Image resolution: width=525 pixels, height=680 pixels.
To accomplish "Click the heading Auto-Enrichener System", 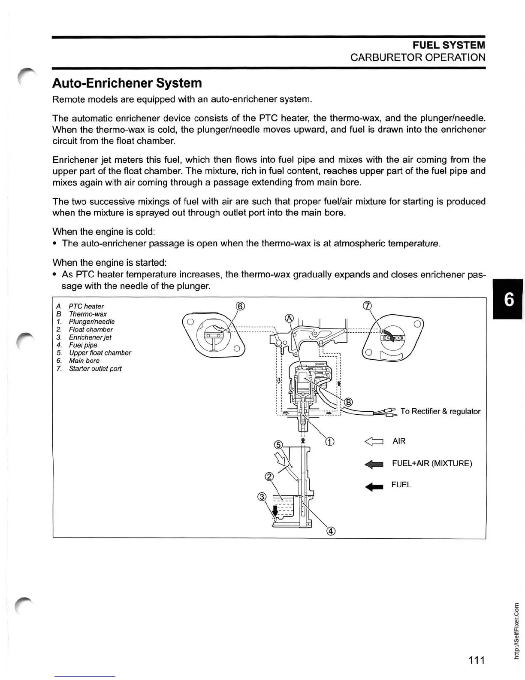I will coord(127,83).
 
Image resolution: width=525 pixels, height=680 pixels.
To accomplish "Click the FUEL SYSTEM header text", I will coord(449,45).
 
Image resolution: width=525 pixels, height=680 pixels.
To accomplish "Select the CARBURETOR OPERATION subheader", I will coord(417,58).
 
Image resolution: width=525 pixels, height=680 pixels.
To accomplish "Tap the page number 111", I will coord(476,660).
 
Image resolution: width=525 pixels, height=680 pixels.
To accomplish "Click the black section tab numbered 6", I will coord(508,299).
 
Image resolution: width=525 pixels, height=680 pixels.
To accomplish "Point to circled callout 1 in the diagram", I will coord(329,442).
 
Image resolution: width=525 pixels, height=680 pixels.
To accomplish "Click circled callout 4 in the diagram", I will coord(331,531).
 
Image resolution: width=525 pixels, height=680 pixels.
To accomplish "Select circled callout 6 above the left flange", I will coord(241,306).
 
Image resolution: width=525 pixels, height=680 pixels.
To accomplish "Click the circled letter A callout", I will coord(289,318).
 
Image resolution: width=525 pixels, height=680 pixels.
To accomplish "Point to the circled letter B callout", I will coord(348,402).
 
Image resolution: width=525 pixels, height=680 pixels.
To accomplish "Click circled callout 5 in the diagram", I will coord(278,444).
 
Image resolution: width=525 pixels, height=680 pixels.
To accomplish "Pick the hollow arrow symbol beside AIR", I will coord(373,441).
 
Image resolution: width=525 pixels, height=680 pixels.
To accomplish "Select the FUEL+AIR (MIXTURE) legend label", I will coord(431,464).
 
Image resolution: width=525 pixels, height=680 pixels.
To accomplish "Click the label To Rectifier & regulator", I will coord(440,411).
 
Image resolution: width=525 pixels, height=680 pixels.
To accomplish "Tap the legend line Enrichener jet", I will coord(90,337).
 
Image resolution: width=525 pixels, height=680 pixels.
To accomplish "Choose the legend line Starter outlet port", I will coord(95,369).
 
